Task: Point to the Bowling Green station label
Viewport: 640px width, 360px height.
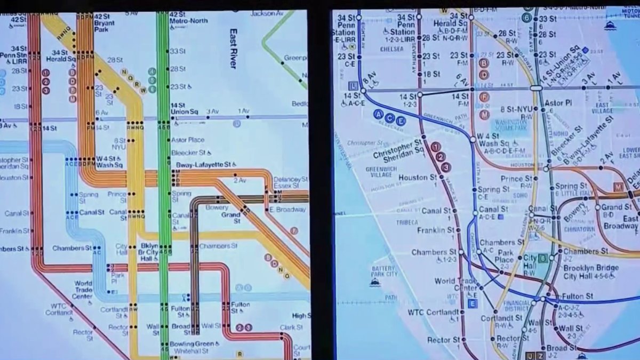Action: [192, 344]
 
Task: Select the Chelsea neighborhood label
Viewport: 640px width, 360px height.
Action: [392, 49]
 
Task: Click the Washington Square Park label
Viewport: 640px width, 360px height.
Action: [510, 125]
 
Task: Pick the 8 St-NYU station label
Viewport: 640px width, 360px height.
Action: [516, 109]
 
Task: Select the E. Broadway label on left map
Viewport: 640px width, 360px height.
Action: [287, 210]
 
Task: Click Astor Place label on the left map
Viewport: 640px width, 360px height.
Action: [188, 140]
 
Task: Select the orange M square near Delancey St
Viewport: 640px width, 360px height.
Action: [619, 187]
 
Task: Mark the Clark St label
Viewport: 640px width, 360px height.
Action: [291, 327]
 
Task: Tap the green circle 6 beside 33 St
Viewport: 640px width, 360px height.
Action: [526, 17]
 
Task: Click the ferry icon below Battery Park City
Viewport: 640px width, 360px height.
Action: [375, 283]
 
